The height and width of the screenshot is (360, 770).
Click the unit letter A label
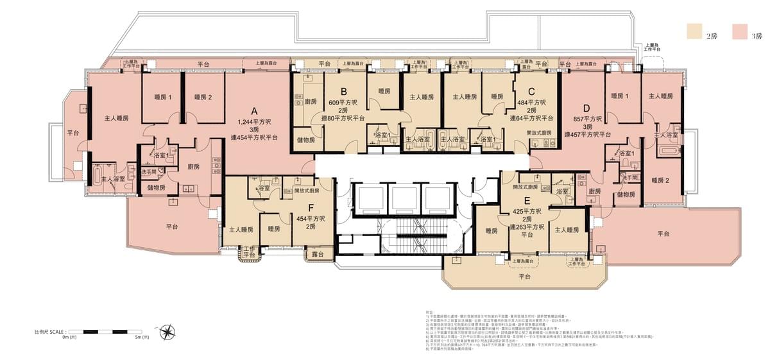point(255,109)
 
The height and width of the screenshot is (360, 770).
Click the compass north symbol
point(167,332)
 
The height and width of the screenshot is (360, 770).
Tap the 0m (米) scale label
point(69,337)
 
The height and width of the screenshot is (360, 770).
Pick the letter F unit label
point(311,207)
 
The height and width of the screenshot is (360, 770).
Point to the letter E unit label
point(527,200)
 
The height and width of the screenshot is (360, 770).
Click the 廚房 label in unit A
point(193,167)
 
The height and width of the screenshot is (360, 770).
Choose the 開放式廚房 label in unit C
point(538,132)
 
